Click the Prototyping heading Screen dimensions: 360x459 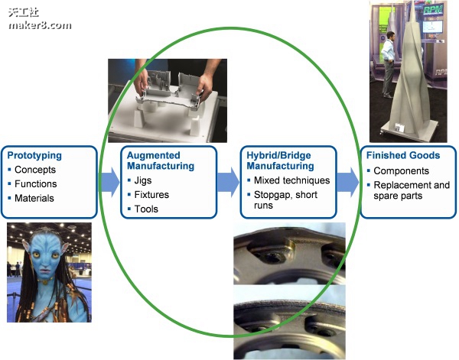pos(34,155)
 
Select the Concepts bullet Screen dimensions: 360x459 pos(36,170)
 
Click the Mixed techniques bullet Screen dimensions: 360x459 pos(291,180)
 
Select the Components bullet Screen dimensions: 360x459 pos(401,171)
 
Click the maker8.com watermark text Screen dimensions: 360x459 pos(40,24)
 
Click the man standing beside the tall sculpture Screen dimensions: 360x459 pos(389,54)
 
